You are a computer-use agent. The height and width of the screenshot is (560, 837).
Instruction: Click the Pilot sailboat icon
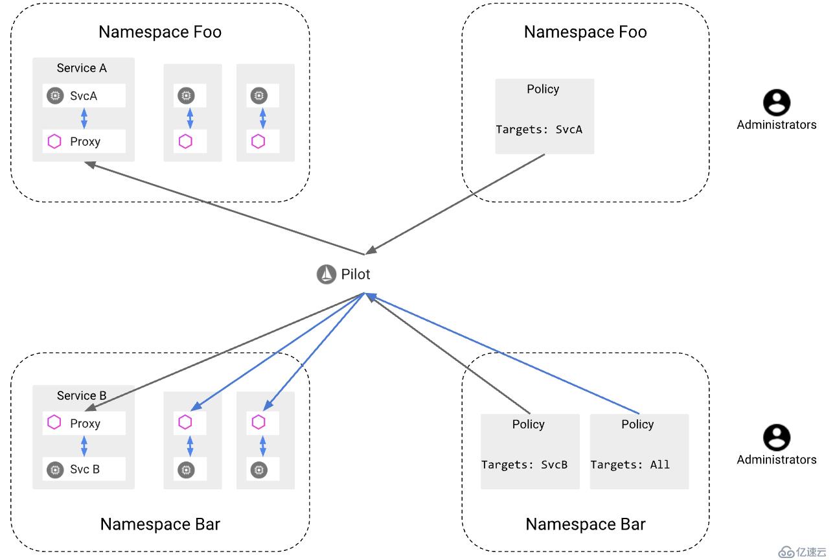[326, 275]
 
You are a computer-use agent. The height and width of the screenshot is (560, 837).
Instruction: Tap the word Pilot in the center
[356, 274]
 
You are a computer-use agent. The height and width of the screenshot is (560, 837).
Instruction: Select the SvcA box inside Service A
[84, 96]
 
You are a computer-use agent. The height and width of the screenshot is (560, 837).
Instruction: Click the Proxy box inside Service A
[84, 141]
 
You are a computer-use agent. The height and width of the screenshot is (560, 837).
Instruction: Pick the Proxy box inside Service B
[84, 423]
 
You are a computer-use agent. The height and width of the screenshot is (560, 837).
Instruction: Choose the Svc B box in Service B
[84, 469]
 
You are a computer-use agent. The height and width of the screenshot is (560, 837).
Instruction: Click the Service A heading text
[82, 68]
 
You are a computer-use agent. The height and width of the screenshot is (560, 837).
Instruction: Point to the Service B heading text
[82, 395]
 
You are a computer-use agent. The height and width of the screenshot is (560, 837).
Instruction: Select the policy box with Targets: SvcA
[544, 117]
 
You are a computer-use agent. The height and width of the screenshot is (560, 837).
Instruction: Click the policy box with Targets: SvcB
[529, 452]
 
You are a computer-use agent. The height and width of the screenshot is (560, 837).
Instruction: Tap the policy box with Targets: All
[639, 452]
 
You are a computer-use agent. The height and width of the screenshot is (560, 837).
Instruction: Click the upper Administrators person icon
[776, 102]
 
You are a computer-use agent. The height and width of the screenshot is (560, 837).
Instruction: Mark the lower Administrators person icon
[776, 437]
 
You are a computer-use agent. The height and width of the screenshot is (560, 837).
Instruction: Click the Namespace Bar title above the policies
[585, 524]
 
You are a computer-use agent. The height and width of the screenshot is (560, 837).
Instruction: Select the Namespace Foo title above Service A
[160, 32]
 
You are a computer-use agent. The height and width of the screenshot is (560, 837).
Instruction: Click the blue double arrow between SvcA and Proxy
[84, 119]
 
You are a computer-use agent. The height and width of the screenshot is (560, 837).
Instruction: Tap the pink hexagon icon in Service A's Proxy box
[54, 141]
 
